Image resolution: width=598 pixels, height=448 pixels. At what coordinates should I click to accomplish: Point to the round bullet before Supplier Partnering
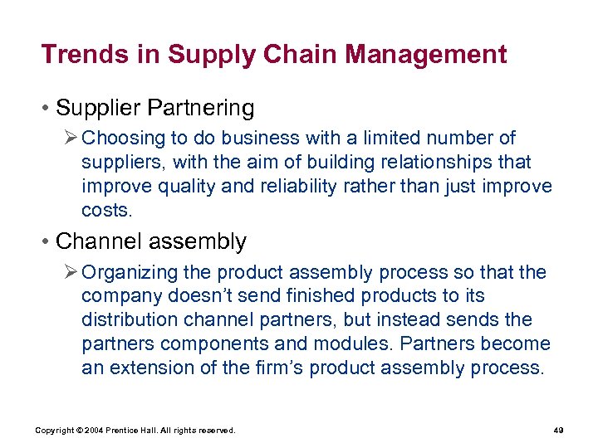47,109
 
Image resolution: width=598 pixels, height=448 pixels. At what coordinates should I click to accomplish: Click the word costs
106,210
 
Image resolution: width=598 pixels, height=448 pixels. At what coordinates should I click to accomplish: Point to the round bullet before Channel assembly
47,242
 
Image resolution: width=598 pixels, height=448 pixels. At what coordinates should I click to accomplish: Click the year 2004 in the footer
92,431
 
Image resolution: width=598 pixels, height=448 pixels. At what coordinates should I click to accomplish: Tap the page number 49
558,431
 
